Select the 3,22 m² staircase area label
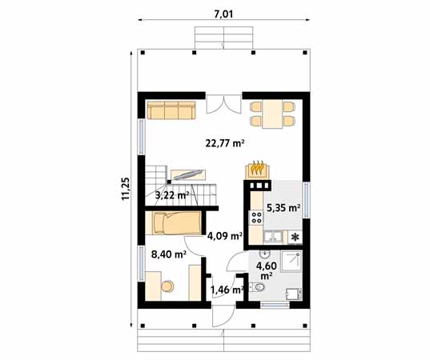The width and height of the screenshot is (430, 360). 171,194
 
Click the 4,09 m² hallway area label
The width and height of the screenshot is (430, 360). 225,236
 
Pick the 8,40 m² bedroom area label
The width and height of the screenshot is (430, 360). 169,254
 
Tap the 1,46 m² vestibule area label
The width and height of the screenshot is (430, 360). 226,290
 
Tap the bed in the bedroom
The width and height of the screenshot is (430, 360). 171,223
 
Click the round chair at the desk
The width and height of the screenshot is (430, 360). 167,286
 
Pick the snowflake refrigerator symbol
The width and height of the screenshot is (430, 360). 295,237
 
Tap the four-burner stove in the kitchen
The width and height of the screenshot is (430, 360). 257,216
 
